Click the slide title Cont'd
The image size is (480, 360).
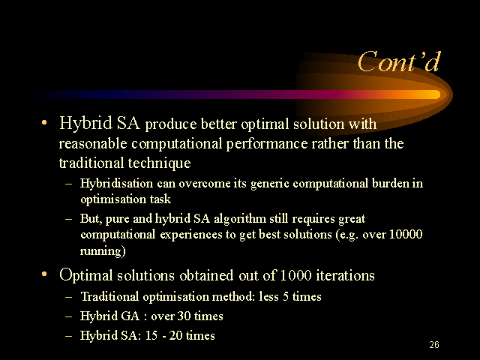pos(399,61)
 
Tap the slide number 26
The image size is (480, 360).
pos(434,345)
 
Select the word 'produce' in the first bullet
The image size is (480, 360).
pos(171,125)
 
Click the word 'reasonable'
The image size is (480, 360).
pos(93,143)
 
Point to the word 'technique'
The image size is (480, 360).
pos(159,163)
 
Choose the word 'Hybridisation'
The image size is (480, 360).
pos(117,184)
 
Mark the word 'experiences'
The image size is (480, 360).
pos(192,235)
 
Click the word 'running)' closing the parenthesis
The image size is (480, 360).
pos(103,251)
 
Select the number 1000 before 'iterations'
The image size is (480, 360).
pos(295,275)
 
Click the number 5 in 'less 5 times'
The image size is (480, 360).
pos(286,297)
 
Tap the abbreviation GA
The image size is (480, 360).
pos(130,316)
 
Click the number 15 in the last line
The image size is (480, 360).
pos(151,335)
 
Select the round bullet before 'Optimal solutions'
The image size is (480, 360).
pos(44,274)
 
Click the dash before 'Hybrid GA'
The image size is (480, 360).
pos(68,316)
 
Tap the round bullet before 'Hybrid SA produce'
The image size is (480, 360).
pos(44,123)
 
